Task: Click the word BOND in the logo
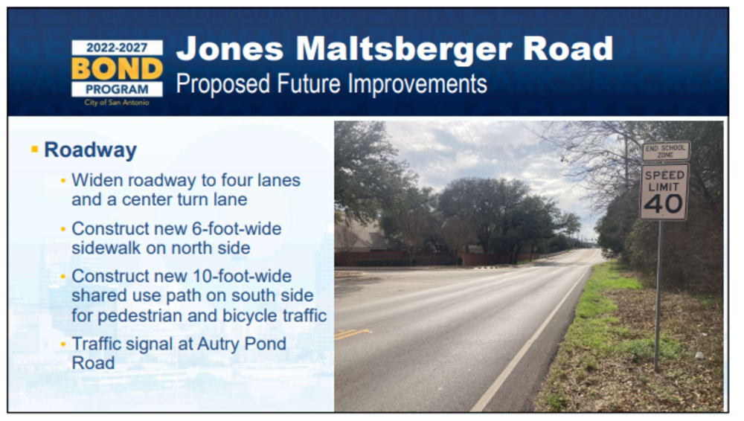118,69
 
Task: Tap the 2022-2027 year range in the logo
117,48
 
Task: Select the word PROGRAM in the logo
117,89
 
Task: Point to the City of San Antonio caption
117,103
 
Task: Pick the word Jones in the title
230,49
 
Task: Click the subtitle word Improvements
417,85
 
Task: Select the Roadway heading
90,150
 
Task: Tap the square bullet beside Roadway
34,150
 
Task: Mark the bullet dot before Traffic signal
63,344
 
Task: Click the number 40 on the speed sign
663,205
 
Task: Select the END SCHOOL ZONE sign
666,152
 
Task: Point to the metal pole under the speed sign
658,295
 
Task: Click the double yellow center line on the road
352,334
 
